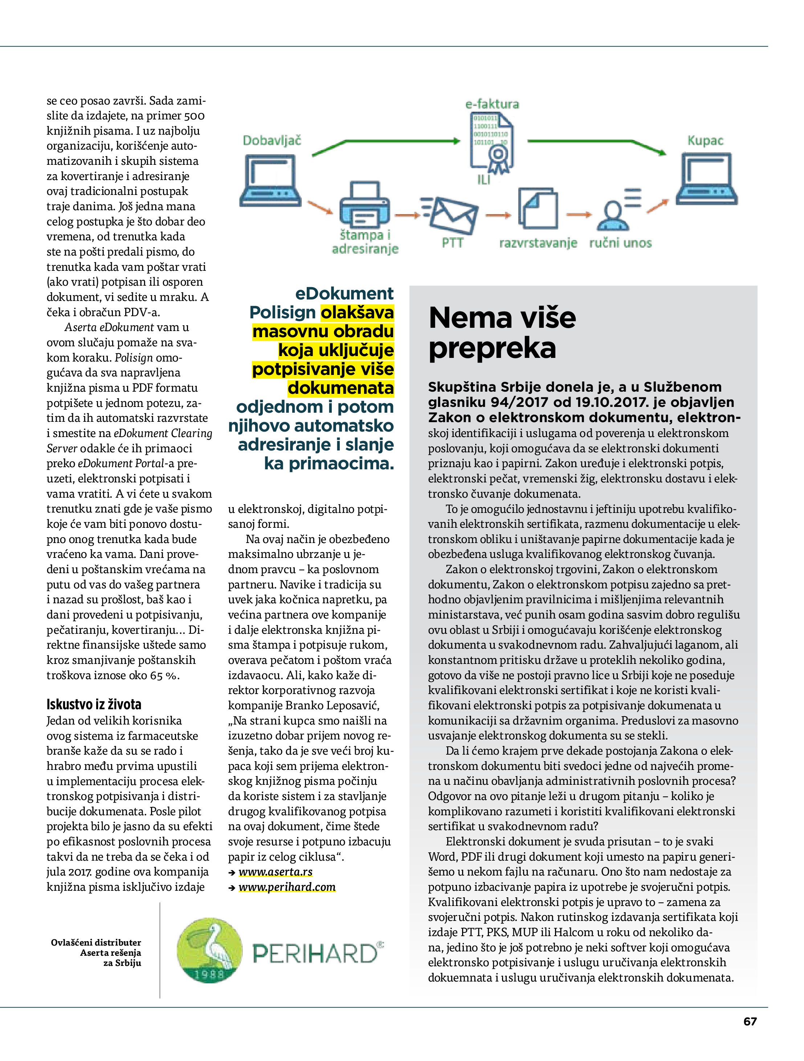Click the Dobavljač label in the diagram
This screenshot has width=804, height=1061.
coord(272,140)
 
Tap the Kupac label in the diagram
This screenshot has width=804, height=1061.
coord(705,140)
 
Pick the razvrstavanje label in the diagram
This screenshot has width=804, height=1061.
coord(538,243)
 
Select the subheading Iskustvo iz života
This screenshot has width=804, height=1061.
coord(94,704)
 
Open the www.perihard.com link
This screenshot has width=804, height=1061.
coord(287,887)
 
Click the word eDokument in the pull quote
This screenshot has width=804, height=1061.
coord(344,293)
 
